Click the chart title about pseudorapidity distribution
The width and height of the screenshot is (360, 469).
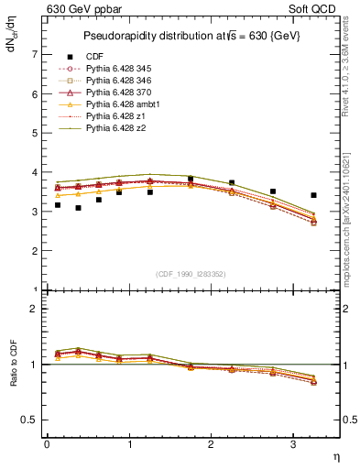(191, 36)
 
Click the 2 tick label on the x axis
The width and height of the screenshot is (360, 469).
(211, 445)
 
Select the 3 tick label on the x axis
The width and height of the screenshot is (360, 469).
(293, 445)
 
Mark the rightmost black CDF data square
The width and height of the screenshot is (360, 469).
(314, 195)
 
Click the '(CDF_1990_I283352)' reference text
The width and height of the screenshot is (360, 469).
(191, 273)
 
